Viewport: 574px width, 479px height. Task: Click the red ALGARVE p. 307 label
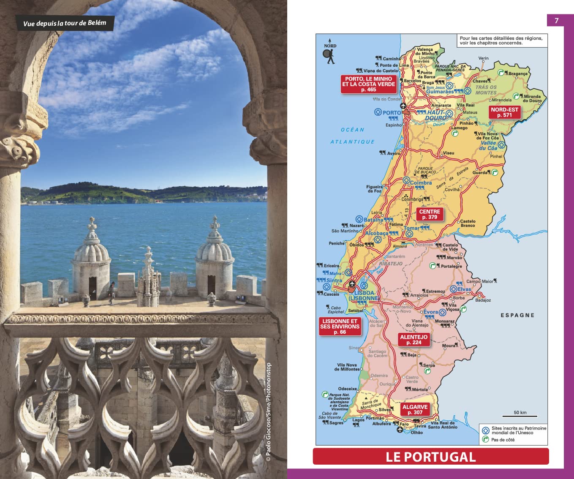pyautogui.click(x=414, y=409)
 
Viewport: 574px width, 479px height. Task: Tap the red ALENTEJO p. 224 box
pyautogui.click(x=413, y=340)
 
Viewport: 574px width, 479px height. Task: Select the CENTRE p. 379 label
pyautogui.click(x=429, y=214)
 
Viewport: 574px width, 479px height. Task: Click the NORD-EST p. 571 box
pyautogui.click(x=504, y=112)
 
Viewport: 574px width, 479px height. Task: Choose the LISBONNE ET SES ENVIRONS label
pyautogui.click(x=340, y=327)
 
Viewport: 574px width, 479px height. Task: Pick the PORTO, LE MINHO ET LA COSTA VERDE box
pyautogui.click(x=368, y=84)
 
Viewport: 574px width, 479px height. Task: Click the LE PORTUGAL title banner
pyautogui.click(x=430, y=457)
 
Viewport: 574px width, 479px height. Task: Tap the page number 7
pyautogui.click(x=556, y=21)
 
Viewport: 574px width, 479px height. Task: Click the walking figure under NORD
pyautogui.click(x=329, y=57)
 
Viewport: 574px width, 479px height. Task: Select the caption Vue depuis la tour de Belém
pyautogui.click(x=65, y=23)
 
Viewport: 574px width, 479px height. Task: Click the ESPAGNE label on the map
pyautogui.click(x=517, y=315)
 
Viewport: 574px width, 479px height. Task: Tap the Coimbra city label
pyautogui.click(x=421, y=183)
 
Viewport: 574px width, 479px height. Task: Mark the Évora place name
pyautogui.click(x=430, y=312)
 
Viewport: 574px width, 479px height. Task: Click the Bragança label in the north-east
pyautogui.click(x=517, y=73)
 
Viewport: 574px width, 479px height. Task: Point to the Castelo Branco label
pyautogui.click(x=467, y=223)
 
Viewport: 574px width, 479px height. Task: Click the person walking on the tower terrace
pyautogui.click(x=112, y=292)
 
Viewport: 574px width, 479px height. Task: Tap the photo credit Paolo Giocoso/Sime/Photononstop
pyautogui.click(x=269, y=411)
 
